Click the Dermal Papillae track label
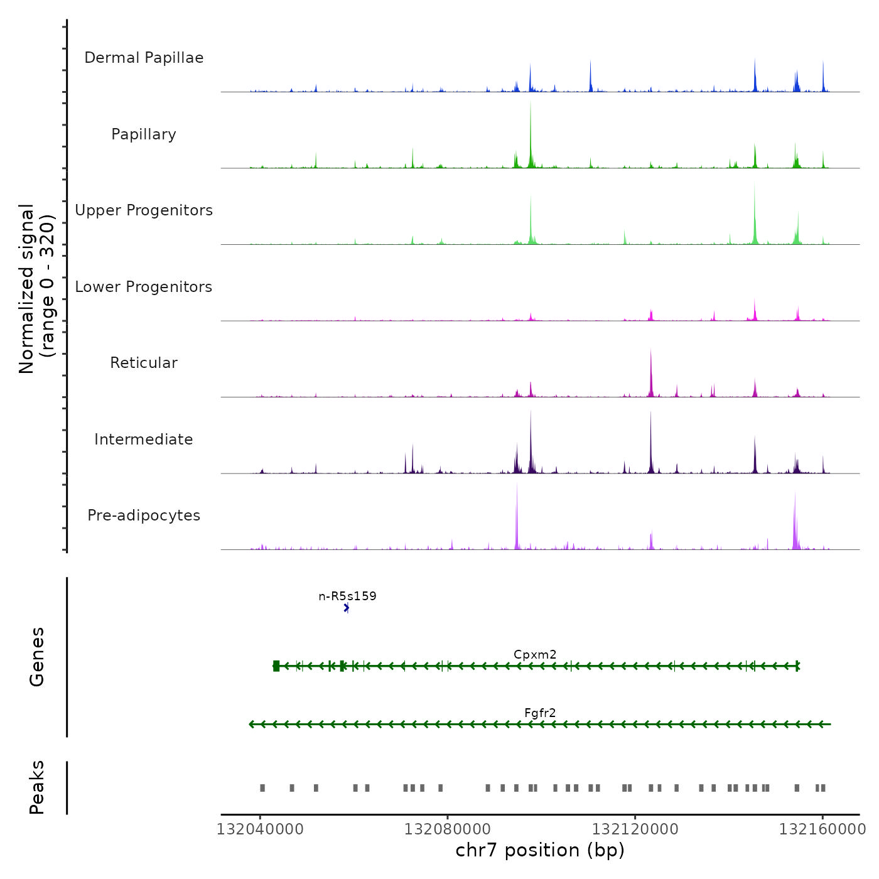(144, 58)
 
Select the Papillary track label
(144, 134)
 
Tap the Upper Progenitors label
(144, 210)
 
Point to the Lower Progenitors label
(144, 287)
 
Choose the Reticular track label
(144, 363)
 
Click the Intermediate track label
(144, 439)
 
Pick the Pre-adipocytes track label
(144, 515)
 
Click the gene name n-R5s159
(347, 596)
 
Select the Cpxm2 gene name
(535, 654)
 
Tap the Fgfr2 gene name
(540, 713)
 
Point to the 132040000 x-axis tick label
(260, 829)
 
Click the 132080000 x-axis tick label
(448, 829)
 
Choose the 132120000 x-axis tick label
(635, 829)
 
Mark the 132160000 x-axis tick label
(822, 829)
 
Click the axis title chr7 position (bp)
(540, 850)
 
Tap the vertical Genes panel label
(37, 657)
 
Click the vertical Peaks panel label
(37, 787)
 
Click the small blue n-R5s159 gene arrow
(347, 608)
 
